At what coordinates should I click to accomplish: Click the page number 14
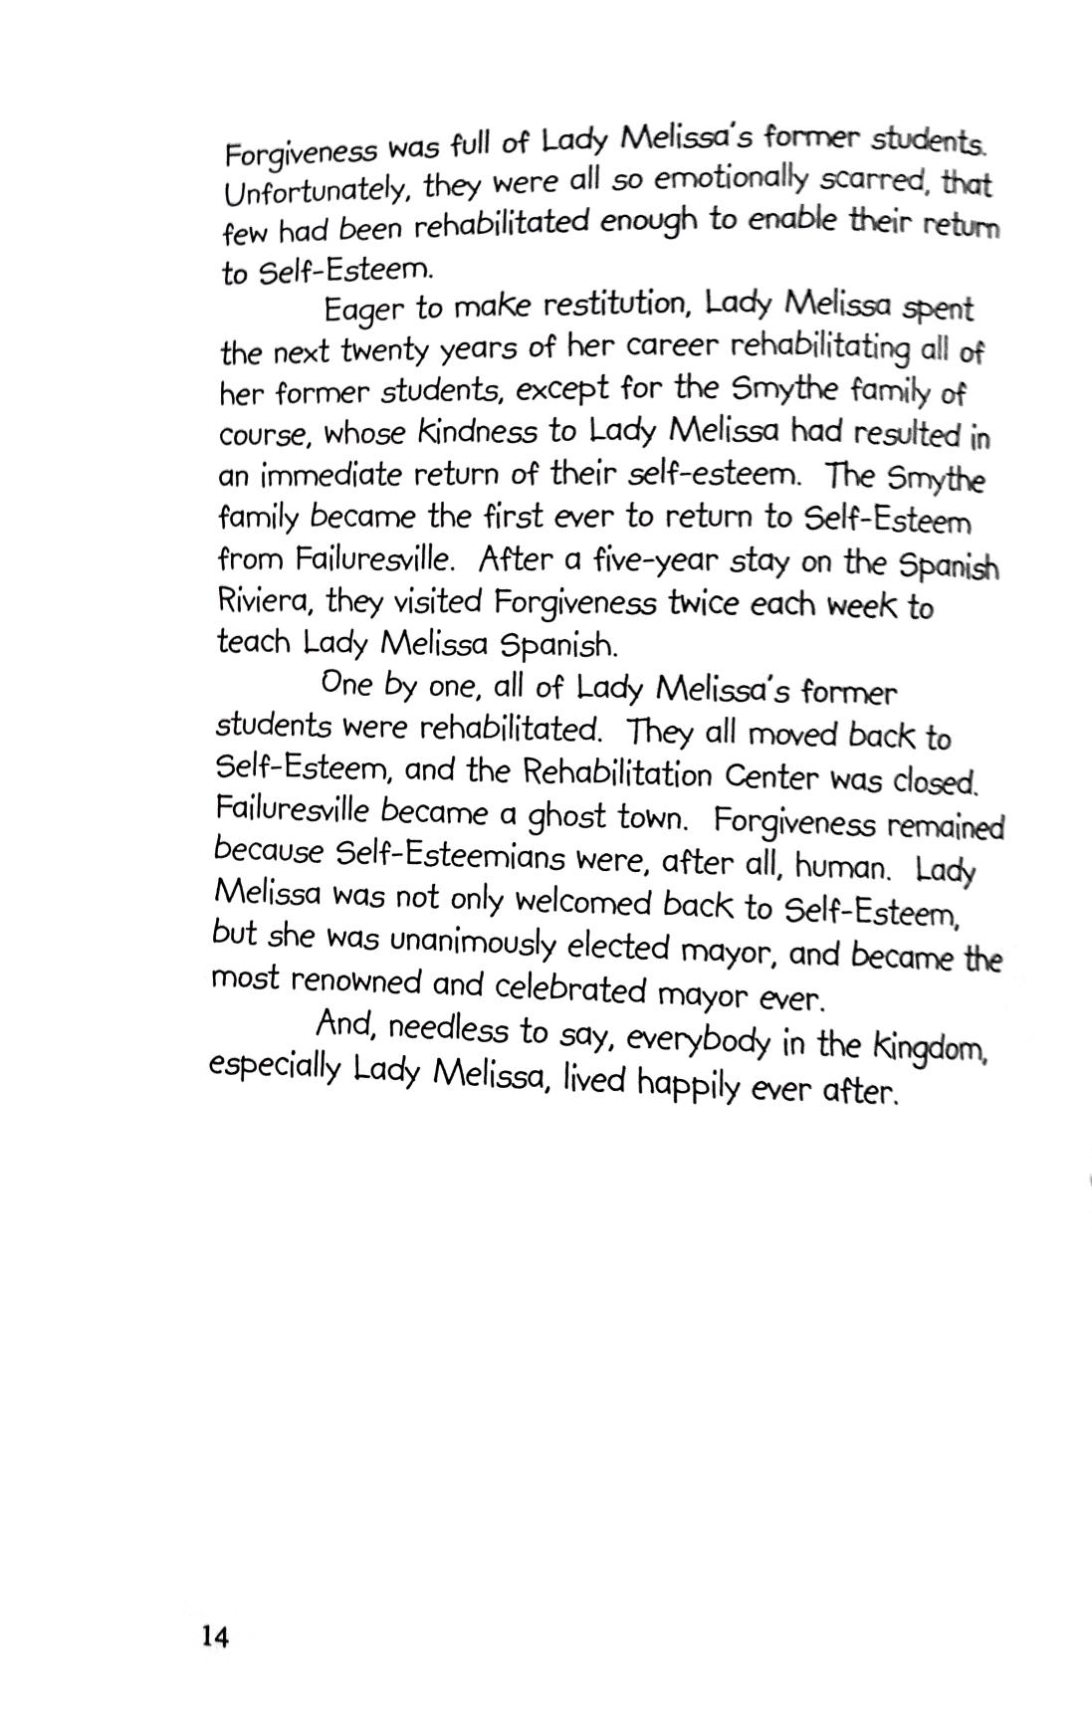point(215,1636)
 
